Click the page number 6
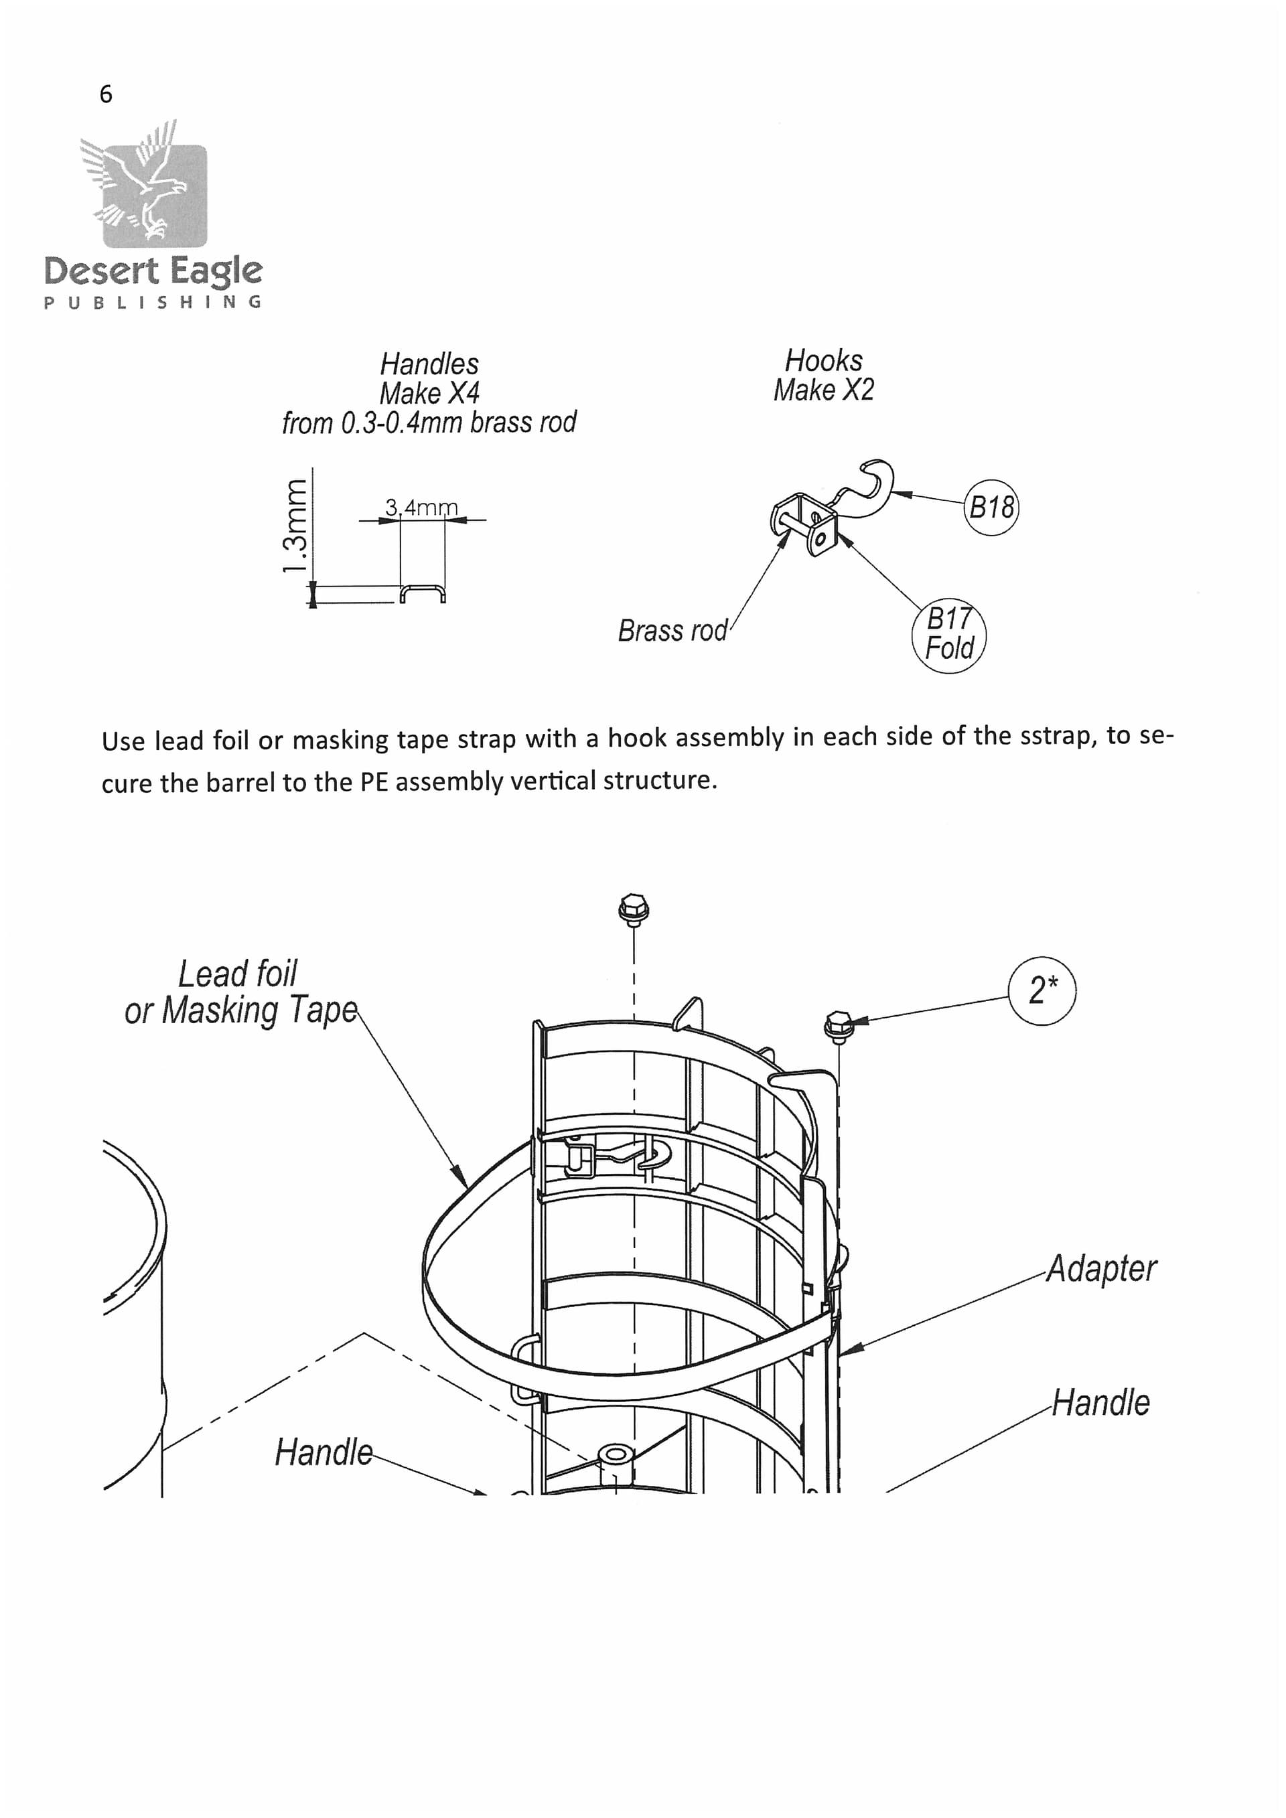[105, 94]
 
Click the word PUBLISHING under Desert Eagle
[153, 303]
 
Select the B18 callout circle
[991, 507]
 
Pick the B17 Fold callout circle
[950, 635]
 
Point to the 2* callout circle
[1042, 990]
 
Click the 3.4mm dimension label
[421, 507]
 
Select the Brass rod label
[672, 631]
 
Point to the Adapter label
[1100, 1268]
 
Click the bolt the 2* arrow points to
[838, 1027]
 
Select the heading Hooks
[824, 361]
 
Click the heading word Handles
[429, 364]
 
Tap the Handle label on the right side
[1100, 1402]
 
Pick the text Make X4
[429, 394]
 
